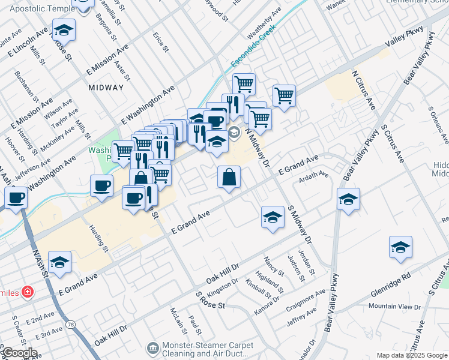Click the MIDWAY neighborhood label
[106, 88]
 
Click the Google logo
[19, 353]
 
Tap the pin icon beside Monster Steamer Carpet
[154, 347]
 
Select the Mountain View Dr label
[395, 306]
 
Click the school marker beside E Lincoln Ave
[64, 30]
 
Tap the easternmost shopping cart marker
[284, 95]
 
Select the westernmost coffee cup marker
[16, 197]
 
